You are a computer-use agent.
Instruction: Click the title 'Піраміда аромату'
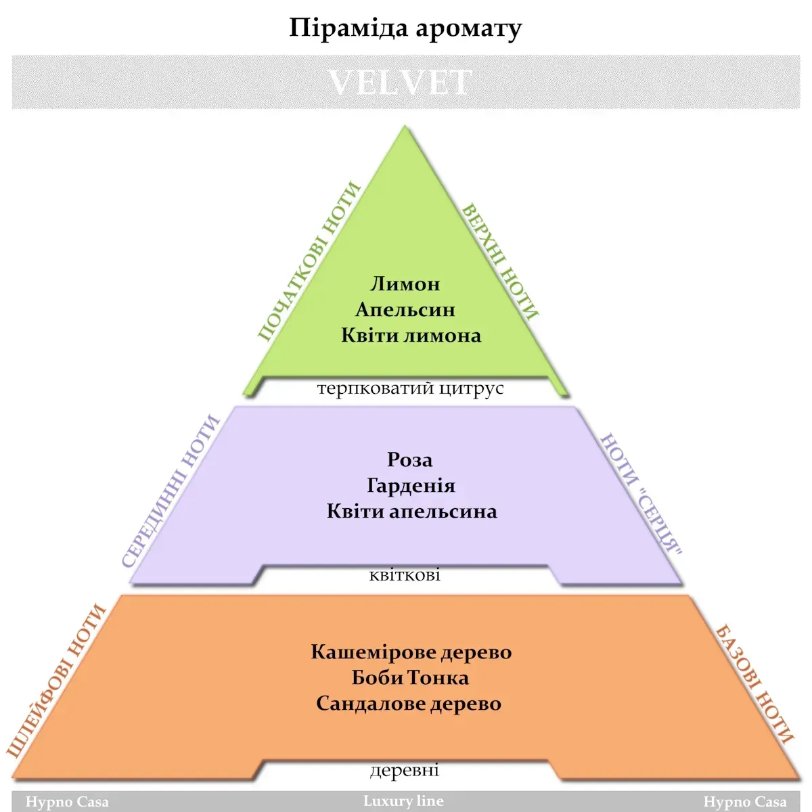point(405,28)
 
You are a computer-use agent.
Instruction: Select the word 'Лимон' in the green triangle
point(405,284)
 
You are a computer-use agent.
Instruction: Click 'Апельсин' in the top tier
point(405,310)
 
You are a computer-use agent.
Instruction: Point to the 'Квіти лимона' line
point(411,336)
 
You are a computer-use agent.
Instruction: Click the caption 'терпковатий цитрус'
point(411,388)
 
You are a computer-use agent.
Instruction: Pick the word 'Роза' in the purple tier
point(409,459)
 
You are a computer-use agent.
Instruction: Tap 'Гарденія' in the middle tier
point(411,485)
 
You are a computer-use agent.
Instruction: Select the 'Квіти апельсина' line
point(411,511)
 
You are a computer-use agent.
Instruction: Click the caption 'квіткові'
point(405,574)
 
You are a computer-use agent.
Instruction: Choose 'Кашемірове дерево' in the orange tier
point(411,652)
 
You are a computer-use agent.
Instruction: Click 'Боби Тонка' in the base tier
point(410,678)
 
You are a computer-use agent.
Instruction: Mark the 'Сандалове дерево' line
point(409,704)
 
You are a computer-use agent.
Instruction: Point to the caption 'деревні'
point(405,770)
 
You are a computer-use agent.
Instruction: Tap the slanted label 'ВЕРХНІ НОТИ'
point(500,262)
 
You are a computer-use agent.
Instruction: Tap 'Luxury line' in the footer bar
point(403,800)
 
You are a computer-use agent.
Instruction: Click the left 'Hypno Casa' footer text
point(67,802)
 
